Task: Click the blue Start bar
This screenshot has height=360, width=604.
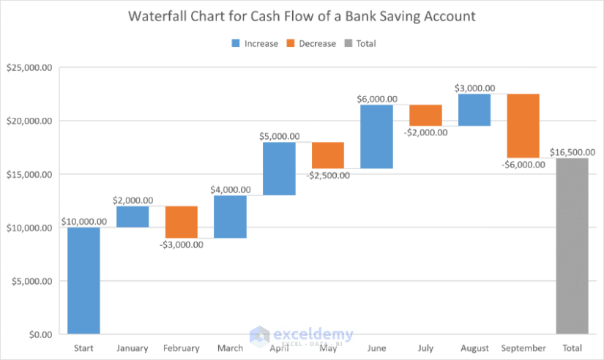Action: pos(83,280)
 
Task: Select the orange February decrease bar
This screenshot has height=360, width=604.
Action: pos(181,222)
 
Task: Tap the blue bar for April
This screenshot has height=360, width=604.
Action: pos(279,168)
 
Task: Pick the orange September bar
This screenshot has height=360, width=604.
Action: pos(523,125)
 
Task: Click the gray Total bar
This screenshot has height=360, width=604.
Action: pos(572,246)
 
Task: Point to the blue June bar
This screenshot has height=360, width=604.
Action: pos(376,136)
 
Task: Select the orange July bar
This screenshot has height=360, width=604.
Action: pos(425,115)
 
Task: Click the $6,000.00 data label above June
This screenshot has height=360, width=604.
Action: pos(376,99)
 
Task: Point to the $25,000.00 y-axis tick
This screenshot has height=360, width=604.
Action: pos(29,67)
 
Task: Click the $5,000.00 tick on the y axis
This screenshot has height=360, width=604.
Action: pos(31,281)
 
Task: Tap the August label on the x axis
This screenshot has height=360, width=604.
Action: pos(474,348)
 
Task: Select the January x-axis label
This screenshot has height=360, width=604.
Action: pos(132,348)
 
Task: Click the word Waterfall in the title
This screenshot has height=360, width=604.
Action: pos(158,16)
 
